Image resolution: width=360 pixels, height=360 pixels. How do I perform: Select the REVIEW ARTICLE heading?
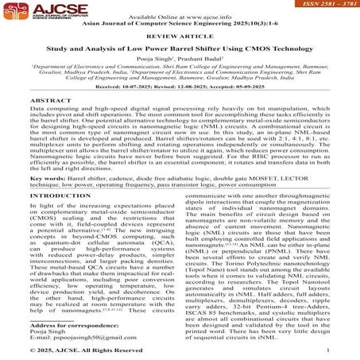click(x=180, y=35)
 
